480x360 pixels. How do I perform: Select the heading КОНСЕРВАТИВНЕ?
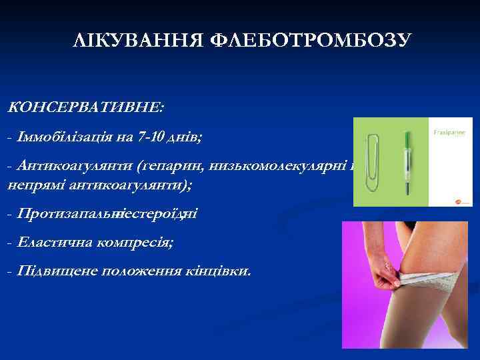click(x=87, y=106)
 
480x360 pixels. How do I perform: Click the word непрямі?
click(x=39, y=185)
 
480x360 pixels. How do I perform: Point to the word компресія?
click(x=133, y=243)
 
